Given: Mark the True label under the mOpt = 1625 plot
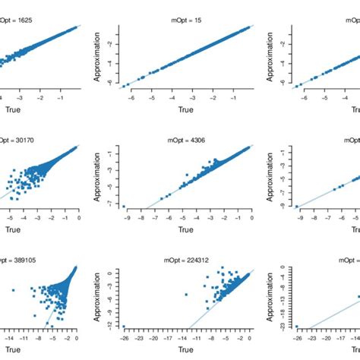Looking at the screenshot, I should pyautogui.click(x=23, y=109).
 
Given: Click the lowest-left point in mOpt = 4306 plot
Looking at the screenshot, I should pyautogui.click(x=124, y=204).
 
